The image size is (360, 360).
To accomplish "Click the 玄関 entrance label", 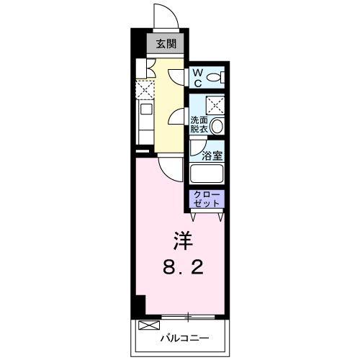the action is [x=166, y=44].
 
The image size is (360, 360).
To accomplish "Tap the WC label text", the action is [x=197, y=78].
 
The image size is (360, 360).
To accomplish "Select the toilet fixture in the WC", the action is [x=215, y=78].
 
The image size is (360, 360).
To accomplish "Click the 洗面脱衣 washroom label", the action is [x=199, y=125].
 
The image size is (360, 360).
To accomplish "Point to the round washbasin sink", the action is [x=217, y=126].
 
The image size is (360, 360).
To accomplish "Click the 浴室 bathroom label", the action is [x=212, y=156].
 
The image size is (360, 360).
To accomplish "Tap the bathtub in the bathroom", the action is [x=207, y=174].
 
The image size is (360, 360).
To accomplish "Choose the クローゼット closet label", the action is [x=207, y=199].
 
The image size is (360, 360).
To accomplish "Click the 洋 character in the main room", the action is [x=184, y=240].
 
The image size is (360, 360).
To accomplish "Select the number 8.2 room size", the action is [x=183, y=268].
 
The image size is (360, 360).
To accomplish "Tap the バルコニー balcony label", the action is [x=184, y=338].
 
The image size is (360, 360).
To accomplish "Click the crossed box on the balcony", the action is [x=149, y=325].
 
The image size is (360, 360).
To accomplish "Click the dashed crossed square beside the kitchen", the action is [x=145, y=90].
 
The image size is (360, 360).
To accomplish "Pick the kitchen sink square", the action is [x=146, y=109].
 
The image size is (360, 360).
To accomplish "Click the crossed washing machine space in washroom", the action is [x=215, y=105].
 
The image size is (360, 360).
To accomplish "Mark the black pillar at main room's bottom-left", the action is [x=140, y=305].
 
